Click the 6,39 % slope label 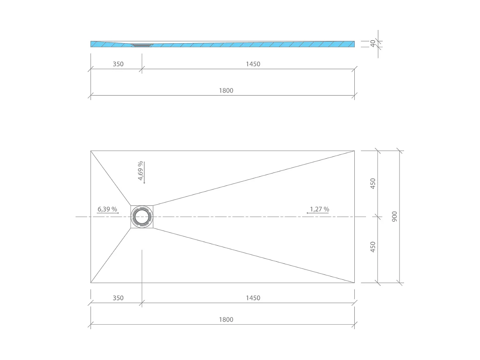point(107,209)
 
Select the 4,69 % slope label point(140,171)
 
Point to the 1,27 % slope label point(319,209)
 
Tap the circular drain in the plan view point(142,217)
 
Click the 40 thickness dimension point(373,44)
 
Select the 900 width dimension point(395,217)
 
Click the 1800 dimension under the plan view point(226,319)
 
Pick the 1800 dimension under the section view point(226,90)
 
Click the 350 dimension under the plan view point(118,298)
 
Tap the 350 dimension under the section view point(118,64)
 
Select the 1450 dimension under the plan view point(253,298)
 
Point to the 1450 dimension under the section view point(253,64)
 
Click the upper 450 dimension point(373,183)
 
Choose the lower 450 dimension point(373,247)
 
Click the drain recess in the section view point(142,45)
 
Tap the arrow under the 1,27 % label point(314,214)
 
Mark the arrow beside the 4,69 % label point(145,173)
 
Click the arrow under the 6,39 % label point(108,214)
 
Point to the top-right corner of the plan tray point(354,151)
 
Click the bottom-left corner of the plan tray point(91,283)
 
